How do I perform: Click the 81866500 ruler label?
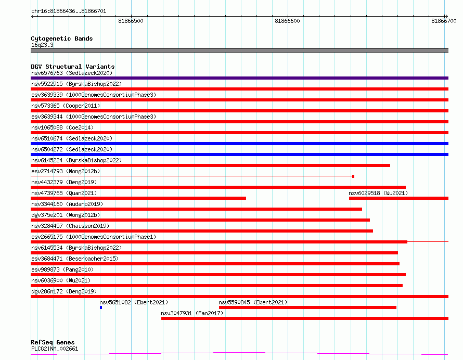coord(131,21)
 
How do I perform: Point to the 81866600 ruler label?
coord(287,21)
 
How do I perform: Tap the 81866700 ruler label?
coord(444,21)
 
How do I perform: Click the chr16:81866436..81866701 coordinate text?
coord(69,11)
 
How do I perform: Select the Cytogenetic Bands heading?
coord(62,38)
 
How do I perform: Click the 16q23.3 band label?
coord(42,45)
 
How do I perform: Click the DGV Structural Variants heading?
coord(73,67)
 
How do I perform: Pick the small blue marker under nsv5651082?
coord(101,307)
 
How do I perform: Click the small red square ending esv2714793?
coord(353,176)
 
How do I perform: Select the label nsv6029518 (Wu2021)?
coord(378,193)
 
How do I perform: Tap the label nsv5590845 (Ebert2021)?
coord(253,302)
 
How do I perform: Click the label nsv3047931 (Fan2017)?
coord(192,313)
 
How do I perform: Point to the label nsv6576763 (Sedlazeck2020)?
coord(72,73)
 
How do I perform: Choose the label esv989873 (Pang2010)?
coord(62,269)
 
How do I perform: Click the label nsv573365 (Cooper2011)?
coord(66,106)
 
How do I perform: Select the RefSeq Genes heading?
coord(53,342)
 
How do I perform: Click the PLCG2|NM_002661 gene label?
coord(55,349)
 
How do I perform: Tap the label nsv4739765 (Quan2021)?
coord(64,193)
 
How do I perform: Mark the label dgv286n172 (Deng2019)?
coord(64,291)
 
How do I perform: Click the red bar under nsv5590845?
coord(307,307)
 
